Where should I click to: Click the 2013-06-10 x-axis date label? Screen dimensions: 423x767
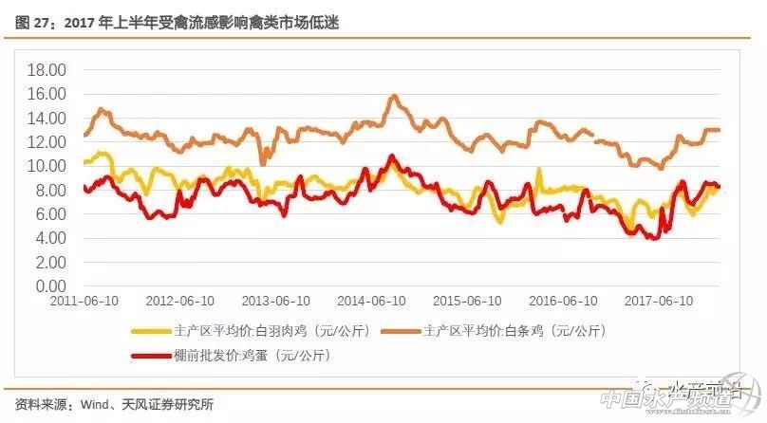pyautogui.click(x=276, y=301)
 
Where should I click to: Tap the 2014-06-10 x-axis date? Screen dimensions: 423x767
pyautogui.click(x=373, y=301)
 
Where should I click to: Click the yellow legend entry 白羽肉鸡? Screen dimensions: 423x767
pyautogui.click(x=255, y=331)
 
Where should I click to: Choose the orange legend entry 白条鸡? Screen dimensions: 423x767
pyautogui.click(x=514, y=331)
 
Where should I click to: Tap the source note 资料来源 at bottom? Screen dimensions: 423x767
pyautogui.click(x=115, y=404)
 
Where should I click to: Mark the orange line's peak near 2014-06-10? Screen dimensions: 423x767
pyautogui.click(x=393, y=96)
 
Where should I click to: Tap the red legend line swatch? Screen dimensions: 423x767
pyautogui.click(x=149, y=356)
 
